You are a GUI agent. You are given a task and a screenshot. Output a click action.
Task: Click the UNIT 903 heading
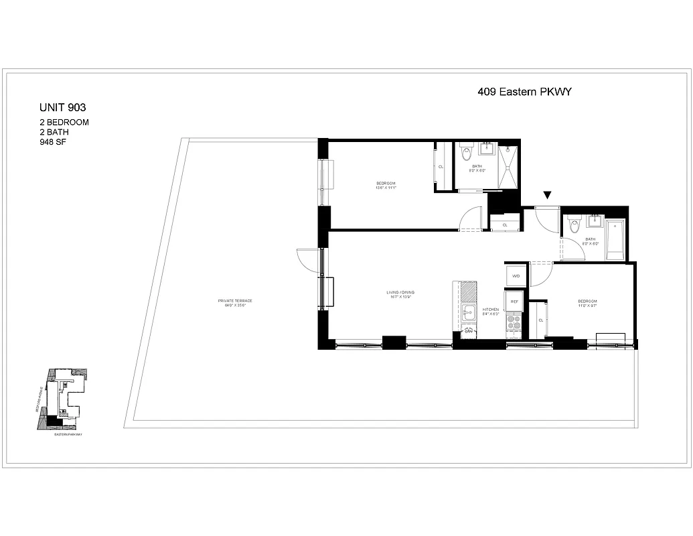[x=63, y=107]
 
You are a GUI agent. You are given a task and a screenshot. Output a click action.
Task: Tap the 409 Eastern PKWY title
[x=524, y=92]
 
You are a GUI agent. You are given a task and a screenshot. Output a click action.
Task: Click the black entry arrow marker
[x=548, y=195]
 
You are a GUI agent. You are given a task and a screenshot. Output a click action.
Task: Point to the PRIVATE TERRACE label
[x=234, y=302]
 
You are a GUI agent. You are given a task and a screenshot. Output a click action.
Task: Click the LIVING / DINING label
[x=401, y=293]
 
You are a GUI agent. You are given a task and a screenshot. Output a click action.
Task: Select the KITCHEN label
[x=491, y=310]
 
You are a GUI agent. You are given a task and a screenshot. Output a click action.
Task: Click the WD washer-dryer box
[x=516, y=275]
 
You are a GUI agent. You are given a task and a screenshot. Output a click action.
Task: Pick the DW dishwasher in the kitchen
[x=469, y=332]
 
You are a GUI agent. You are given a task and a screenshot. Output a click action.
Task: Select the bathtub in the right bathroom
[x=615, y=239]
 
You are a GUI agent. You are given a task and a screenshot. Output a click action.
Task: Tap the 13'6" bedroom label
[x=386, y=186]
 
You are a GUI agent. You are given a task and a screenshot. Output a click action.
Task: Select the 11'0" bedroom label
[x=587, y=303]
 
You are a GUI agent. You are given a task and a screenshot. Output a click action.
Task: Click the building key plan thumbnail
[x=62, y=399]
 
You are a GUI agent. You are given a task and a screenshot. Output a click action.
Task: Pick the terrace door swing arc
[x=307, y=259]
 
